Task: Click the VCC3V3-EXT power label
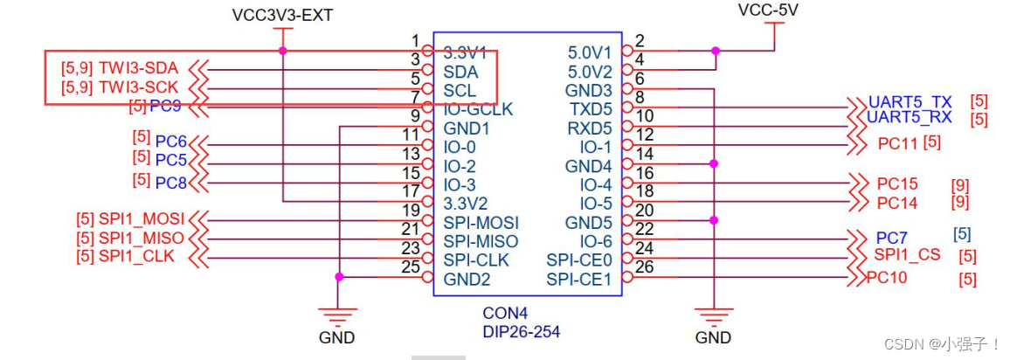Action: tap(282, 15)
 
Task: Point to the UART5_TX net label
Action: tap(910, 101)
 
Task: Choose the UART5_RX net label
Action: tap(910, 118)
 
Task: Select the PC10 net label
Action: tap(887, 278)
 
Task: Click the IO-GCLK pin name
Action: tap(478, 109)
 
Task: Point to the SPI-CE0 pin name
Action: tap(580, 260)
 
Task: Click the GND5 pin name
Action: tap(588, 222)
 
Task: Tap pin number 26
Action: tap(644, 267)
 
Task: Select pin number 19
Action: tap(411, 210)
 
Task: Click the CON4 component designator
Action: tap(505, 313)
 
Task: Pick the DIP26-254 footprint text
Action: tap(521, 331)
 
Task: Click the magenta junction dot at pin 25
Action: tap(339, 277)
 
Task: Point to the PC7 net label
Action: tap(891, 238)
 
